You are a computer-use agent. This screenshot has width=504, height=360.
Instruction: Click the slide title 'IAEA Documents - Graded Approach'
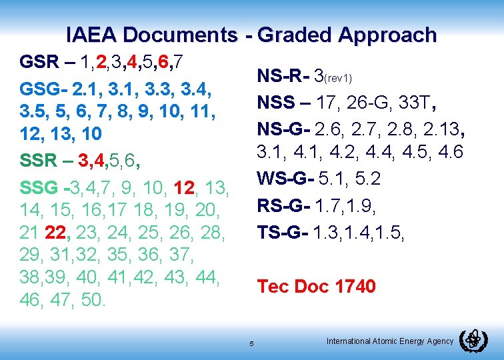pos(251,35)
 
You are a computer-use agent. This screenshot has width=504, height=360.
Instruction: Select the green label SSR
pos(39,160)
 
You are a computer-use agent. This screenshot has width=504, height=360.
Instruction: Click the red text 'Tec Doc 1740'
pos(317,287)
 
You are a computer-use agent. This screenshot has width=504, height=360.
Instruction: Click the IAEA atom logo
pos(474,341)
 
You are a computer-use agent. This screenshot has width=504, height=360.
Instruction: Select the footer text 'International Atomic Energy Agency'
pos(390,341)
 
